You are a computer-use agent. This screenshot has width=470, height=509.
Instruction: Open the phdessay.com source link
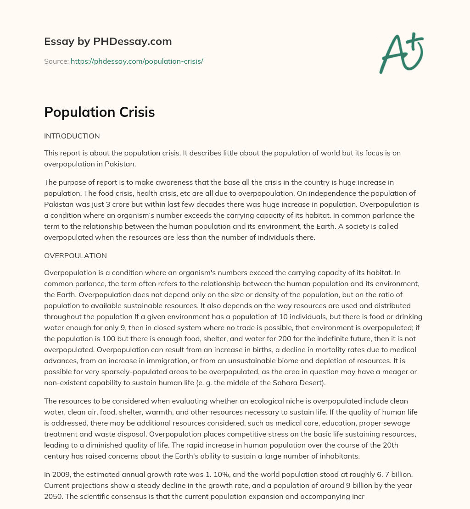137,61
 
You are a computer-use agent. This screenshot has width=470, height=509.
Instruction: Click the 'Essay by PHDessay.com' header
108,41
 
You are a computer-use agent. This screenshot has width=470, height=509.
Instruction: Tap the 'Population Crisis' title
99,113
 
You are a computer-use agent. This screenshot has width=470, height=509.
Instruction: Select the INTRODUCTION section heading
72,136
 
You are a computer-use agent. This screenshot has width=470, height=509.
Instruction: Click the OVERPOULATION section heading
75,255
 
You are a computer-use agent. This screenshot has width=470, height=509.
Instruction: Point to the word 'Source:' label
56,61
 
